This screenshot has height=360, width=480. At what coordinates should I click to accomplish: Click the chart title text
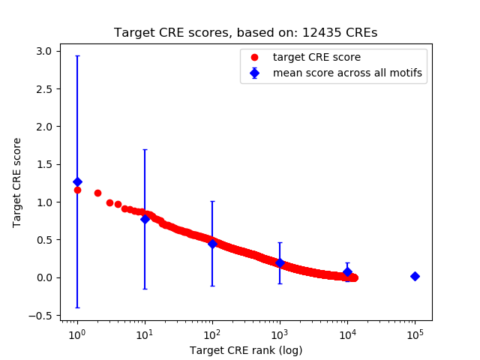coord(246,33)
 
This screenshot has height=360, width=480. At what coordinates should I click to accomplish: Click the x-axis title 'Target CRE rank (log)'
coord(246,350)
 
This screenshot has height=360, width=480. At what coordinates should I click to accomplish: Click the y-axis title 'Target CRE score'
coord(17,182)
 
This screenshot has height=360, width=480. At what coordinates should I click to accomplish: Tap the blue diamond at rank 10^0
coord(77,181)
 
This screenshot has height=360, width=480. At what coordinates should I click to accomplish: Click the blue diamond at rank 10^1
coord(145,219)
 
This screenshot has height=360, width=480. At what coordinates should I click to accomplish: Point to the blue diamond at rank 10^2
coord(212,244)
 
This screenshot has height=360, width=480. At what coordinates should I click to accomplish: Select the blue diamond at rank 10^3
coord(280,262)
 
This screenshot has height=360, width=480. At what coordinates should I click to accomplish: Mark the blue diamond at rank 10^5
coord(415,276)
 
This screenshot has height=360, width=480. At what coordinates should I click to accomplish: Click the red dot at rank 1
coord(77,190)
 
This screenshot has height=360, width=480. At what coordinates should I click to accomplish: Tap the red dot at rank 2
coord(97,193)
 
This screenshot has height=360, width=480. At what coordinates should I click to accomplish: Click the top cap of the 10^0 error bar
coord(77,56)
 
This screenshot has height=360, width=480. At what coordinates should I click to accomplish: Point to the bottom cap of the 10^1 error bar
coord(145,289)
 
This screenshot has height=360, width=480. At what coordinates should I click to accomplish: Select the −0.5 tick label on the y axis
coord(40,315)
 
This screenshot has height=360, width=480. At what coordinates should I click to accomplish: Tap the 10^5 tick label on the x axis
coord(415,333)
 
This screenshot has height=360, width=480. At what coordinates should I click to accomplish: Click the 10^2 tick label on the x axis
coord(212,333)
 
